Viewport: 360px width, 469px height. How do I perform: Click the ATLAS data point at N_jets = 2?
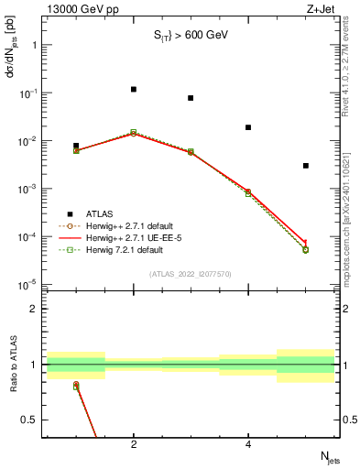pos(134,90)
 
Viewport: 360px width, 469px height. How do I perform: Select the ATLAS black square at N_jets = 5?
pos(306,166)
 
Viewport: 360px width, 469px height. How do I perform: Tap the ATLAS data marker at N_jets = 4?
pos(248,127)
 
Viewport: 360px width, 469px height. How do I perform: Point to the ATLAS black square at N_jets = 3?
pos(191,98)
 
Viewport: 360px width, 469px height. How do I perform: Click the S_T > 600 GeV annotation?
pos(191,38)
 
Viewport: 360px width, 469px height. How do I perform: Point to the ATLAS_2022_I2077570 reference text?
pos(191,273)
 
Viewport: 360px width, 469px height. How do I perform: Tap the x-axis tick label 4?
pos(248,444)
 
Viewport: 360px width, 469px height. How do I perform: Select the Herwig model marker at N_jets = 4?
pos(248,192)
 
